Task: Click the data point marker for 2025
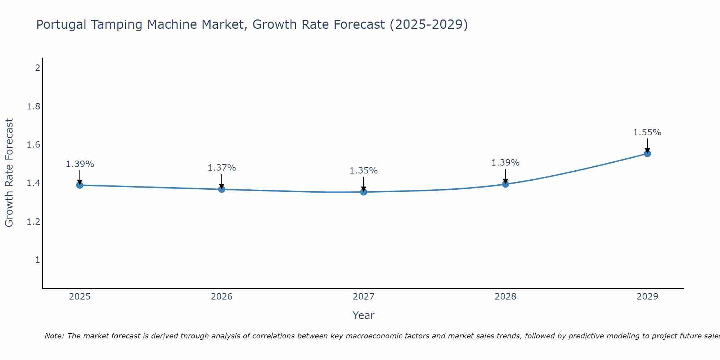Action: (80, 185)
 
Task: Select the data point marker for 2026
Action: (221, 189)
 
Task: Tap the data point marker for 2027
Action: (363, 192)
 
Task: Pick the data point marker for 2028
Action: (505, 184)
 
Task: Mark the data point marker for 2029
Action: (647, 154)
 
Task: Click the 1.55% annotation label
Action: (647, 132)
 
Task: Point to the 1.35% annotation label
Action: (363, 171)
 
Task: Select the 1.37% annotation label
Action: (221, 168)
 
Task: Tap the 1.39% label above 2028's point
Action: (505, 163)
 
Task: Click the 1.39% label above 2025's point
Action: (80, 164)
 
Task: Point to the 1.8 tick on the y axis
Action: (33, 107)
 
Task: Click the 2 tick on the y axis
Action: (37, 68)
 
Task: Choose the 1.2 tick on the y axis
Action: (33, 221)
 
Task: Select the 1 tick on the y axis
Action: (37, 260)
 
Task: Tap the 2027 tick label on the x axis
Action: (363, 297)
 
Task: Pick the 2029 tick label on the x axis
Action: (647, 297)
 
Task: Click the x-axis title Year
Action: (363, 315)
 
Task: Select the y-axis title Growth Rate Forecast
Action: (9, 172)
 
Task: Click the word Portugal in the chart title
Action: (61, 25)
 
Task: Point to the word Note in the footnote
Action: (54, 336)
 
